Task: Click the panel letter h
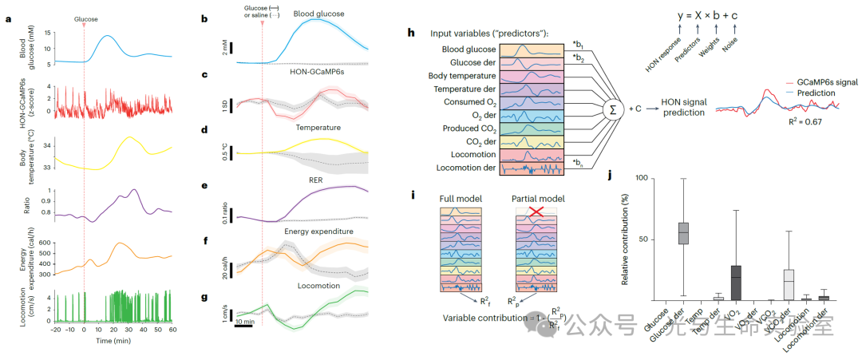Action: tap(410, 34)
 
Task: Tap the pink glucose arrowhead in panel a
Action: tap(84, 26)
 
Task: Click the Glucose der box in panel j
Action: tap(683, 232)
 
